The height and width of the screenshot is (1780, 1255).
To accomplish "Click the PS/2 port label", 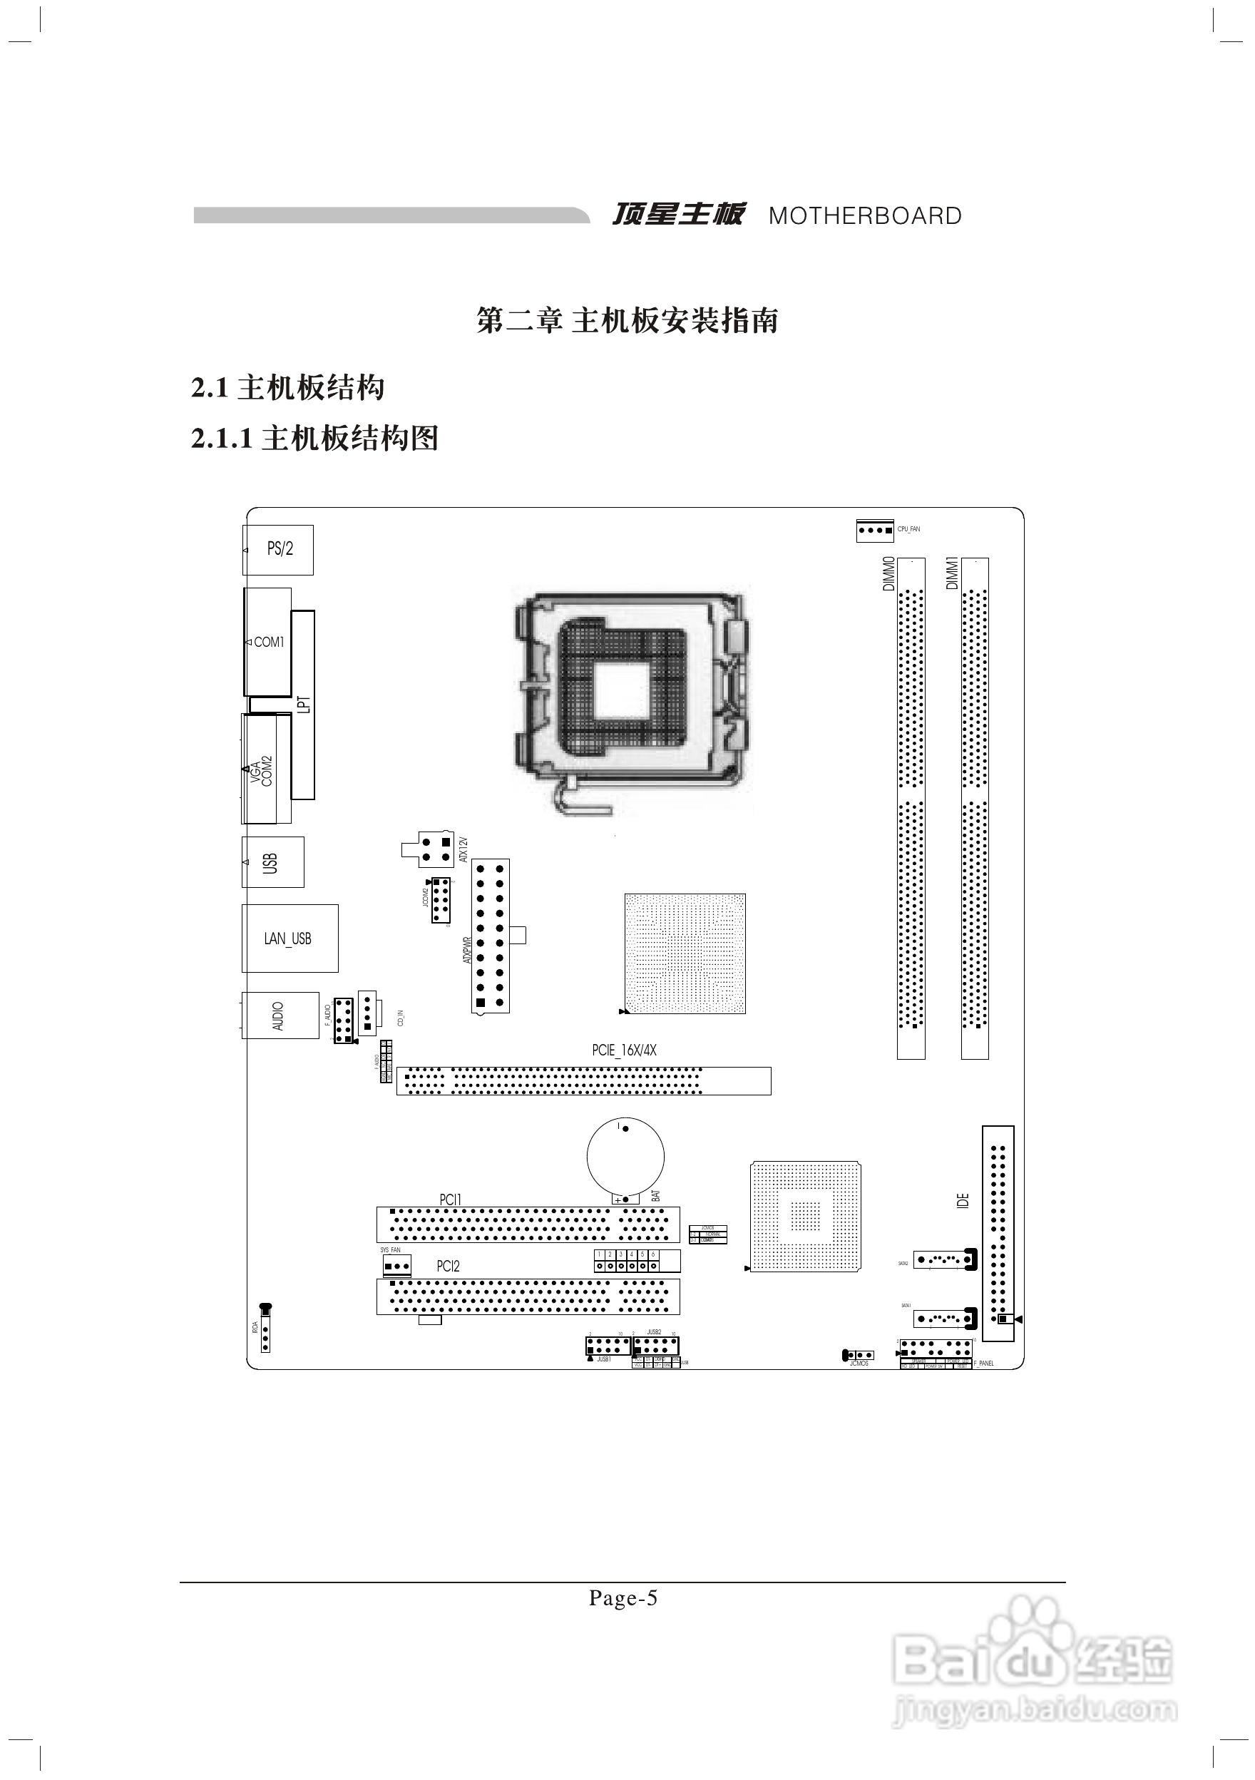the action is click(x=280, y=549).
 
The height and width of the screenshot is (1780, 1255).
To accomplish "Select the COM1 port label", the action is click(x=269, y=642).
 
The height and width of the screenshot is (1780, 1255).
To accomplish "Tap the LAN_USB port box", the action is click(x=289, y=938).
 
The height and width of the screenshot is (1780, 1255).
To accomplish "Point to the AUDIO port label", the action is click(x=278, y=1016).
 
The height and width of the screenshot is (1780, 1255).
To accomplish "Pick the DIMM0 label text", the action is click(x=889, y=573).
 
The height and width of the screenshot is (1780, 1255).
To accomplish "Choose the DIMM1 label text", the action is click(x=953, y=573).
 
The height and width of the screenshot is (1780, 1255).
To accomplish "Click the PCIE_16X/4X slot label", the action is click(x=624, y=1050).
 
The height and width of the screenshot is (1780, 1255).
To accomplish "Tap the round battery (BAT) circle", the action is click(x=625, y=1157).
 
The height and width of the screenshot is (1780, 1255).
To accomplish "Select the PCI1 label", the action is click(x=451, y=1200).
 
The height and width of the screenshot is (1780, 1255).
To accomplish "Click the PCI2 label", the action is click(x=448, y=1266).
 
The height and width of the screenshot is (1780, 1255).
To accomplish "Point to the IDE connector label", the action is click(x=963, y=1202).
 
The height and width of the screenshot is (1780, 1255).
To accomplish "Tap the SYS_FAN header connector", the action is click(x=397, y=1267).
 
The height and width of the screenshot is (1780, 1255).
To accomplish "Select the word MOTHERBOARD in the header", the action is click(x=865, y=216).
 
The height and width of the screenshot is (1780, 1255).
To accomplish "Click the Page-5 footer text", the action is click(x=623, y=1599).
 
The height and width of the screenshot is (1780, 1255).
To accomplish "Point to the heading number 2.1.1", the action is click(x=222, y=439).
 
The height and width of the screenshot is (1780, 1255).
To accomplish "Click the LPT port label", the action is click(x=304, y=704).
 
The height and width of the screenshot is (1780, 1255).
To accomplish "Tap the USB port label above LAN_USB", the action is click(x=270, y=863).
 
